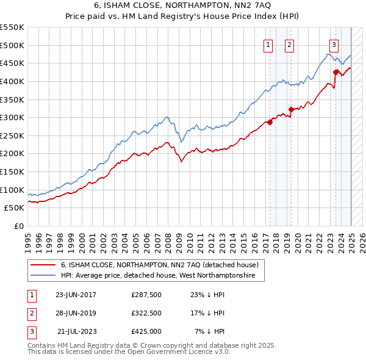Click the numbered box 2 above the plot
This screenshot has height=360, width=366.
coord(289,44)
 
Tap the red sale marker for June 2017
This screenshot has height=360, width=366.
coord(270,121)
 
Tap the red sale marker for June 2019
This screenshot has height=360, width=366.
coord(291,109)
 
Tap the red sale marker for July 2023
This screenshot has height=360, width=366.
coord(335,72)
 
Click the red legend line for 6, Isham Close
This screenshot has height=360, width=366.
coord(43,265)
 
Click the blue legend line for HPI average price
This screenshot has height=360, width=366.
coord(43,276)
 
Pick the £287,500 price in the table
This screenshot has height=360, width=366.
coord(146,295)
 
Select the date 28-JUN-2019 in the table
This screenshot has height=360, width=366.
coord(76,313)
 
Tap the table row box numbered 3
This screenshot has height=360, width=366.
coord(30,331)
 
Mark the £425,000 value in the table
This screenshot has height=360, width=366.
coord(146,331)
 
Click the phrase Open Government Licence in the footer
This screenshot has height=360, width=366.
coord(173,352)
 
